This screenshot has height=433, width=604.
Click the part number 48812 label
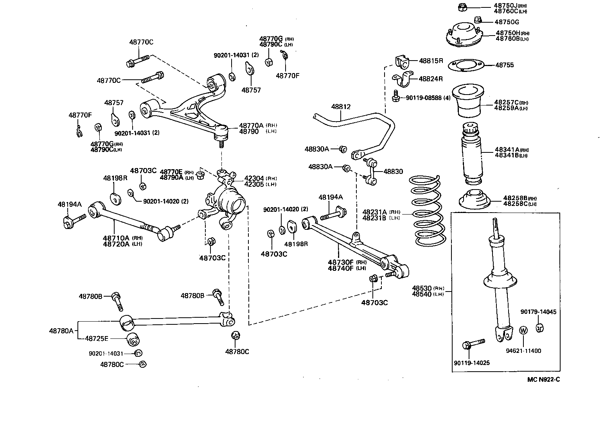(340, 106)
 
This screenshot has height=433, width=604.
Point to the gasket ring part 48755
(464, 66)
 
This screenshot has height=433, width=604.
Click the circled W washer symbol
(523, 331)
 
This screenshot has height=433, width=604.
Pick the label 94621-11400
(523, 351)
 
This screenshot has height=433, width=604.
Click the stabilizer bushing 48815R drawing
(402, 62)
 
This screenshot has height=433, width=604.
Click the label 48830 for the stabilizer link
(393, 171)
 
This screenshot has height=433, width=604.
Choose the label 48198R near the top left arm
(115, 178)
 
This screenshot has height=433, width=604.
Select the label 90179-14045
(538, 311)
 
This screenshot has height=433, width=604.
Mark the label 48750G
(507, 22)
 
